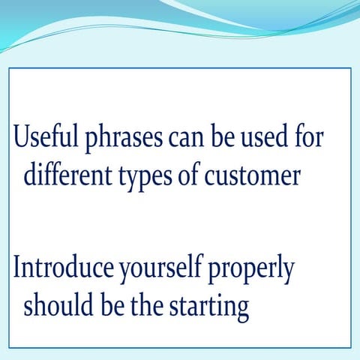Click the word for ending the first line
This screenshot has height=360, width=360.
309,140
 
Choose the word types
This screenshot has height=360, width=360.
145,178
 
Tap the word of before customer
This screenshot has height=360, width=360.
196,175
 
